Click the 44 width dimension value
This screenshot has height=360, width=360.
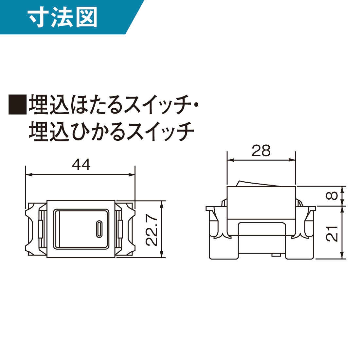point(81,164)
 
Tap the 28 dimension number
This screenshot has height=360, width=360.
point(261,151)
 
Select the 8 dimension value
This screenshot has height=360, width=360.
point(332,196)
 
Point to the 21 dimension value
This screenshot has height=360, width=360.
point(332,234)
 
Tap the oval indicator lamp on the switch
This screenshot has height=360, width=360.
point(99,229)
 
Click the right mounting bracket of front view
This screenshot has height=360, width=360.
point(125,229)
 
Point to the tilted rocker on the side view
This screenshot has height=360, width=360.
point(259,183)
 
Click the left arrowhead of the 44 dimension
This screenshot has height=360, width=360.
point(29,175)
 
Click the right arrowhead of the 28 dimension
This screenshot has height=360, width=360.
point(292,160)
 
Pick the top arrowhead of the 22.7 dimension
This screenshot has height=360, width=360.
point(162,204)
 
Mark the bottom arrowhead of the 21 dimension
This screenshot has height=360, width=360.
point(342,256)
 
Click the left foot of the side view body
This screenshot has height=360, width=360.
point(224,248)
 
